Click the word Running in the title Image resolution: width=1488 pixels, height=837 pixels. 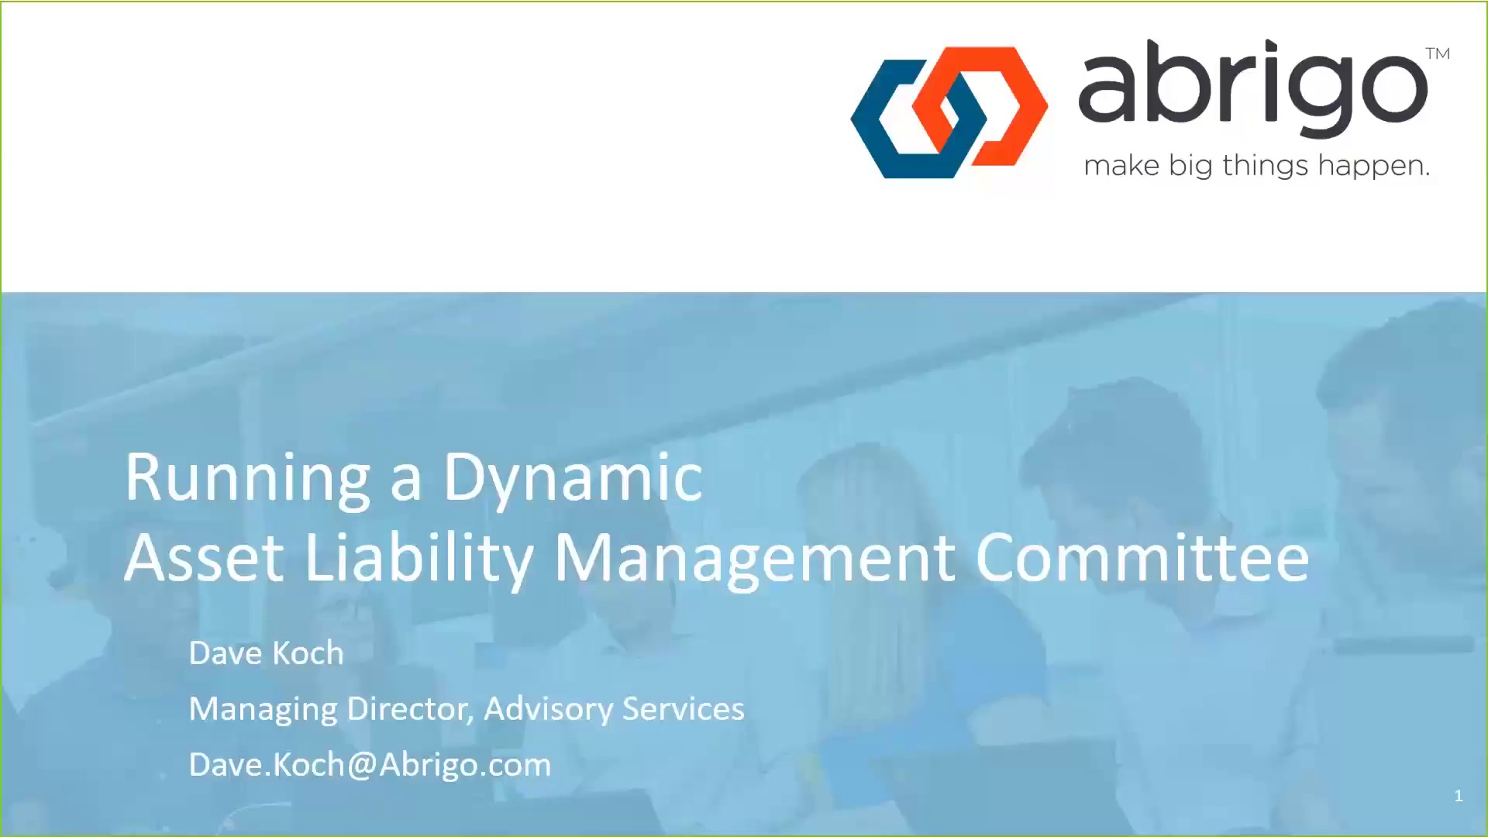(x=247, y=479)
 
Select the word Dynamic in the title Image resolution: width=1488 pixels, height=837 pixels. (x=573, y=479)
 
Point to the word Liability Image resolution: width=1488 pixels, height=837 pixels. (x=419, y=560)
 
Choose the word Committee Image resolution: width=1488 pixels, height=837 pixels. (x=1142, y=557)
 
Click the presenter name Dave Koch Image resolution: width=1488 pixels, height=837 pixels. (x=266, y=653)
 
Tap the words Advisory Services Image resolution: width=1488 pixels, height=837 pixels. (x=614, y=709)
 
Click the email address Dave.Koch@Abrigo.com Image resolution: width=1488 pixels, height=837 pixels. (x=370, y=765)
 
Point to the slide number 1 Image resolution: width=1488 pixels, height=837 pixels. (x=1459, y=796)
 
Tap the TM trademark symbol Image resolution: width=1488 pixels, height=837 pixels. (x=1438, y=53)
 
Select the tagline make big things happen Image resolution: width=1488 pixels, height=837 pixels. (x=1256, y=166)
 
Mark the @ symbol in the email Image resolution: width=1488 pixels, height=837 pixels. (x=362, y=766)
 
